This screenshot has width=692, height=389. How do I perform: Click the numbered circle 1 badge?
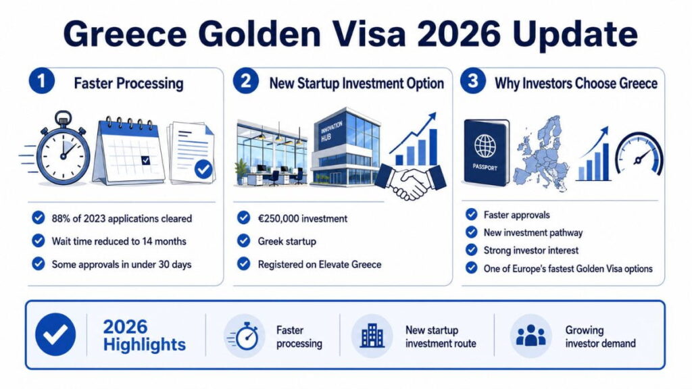point(41,81)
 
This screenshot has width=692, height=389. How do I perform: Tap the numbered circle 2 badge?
point(245,81)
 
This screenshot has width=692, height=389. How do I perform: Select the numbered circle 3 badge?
point(472,81)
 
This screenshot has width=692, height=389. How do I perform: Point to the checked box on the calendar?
point(146,161)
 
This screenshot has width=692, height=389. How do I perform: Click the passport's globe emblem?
point(485,146)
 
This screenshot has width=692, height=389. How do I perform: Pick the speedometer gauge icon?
point(639,155)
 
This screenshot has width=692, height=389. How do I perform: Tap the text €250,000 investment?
point(302,219)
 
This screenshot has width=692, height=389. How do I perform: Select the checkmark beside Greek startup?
point(243,241)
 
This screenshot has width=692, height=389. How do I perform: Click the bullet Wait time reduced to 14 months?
point(119,241)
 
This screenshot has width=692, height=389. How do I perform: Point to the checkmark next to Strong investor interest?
point(471,250)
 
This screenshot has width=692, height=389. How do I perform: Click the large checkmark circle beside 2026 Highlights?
point(55,335)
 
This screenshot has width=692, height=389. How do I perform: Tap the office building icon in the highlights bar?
point(372,336)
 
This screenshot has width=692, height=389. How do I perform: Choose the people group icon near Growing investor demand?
point(531,336)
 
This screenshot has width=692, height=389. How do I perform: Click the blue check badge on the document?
point(203,169)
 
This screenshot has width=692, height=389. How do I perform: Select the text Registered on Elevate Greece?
point(320,265)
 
